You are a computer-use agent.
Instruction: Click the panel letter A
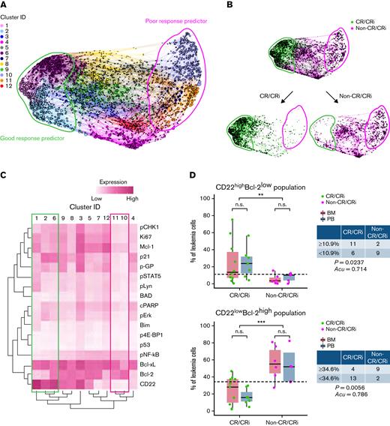[6, 6]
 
